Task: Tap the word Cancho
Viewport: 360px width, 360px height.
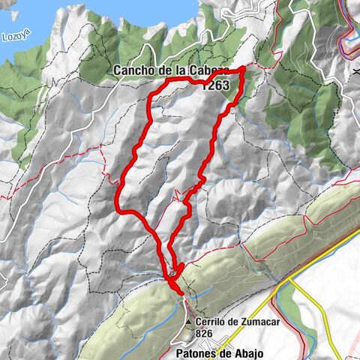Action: pyautogui.click(x=135, y=70)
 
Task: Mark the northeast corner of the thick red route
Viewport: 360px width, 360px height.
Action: pyautogui.click(x=244, y=70)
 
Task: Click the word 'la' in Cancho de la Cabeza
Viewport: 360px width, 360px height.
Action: pyautogui.click(x=181, y=70)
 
